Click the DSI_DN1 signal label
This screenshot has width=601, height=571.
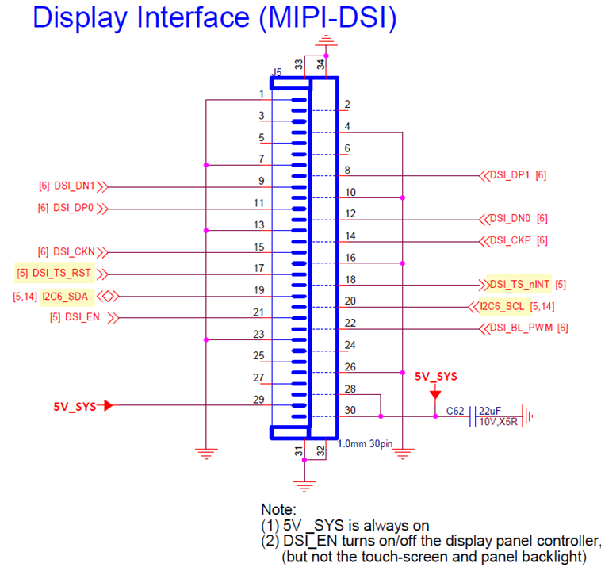75,186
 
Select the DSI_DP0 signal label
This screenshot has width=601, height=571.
75,209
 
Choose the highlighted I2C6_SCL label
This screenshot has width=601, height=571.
503,306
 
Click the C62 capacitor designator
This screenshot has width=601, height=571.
454,412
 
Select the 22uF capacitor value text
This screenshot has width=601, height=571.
490,411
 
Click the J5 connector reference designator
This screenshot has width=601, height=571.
275,72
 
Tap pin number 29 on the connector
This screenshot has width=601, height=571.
258,400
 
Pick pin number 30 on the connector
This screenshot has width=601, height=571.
350,411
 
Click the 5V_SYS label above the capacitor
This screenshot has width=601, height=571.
435,376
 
